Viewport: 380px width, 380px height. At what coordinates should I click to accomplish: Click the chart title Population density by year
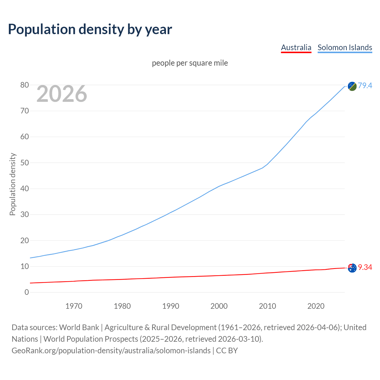[x=90, y=29]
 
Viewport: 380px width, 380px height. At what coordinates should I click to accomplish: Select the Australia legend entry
[x=296, y=47]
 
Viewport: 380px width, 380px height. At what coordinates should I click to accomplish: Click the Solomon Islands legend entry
[x=345, y=47]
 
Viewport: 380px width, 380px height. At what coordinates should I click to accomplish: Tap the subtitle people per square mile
[x=190, y=63]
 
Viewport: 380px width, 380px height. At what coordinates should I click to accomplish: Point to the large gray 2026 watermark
[x=62, y=94]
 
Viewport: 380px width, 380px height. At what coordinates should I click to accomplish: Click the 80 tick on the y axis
[x=25, y=85]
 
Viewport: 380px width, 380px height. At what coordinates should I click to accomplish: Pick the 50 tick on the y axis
[x=25, y=163]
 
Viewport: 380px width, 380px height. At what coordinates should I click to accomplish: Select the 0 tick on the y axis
[x=27, y=292]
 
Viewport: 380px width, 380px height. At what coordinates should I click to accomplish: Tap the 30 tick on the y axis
[x=25, y=215]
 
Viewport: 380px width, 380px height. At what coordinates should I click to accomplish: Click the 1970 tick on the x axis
[x=74, y=306]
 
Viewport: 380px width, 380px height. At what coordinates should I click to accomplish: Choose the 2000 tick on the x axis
[x=219, y=306]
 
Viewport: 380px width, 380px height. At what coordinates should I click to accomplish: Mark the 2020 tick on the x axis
[x=316, y=306]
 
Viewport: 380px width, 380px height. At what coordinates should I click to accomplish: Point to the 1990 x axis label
[x=171, y=306]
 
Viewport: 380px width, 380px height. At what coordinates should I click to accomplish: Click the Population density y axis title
[x=12, y=184]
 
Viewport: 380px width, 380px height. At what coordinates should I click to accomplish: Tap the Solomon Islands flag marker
[x=352, y=86]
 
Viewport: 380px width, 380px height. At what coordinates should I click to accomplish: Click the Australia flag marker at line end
[x=352, y=268]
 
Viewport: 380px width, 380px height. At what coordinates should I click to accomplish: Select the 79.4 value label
[x=365, y=85]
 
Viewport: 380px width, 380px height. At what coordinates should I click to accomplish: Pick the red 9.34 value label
[x=365, y=267]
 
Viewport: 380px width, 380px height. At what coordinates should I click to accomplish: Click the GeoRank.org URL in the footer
[x=111, y=351]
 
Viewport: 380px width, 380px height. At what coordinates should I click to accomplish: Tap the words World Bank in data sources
[x=79, y=327]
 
